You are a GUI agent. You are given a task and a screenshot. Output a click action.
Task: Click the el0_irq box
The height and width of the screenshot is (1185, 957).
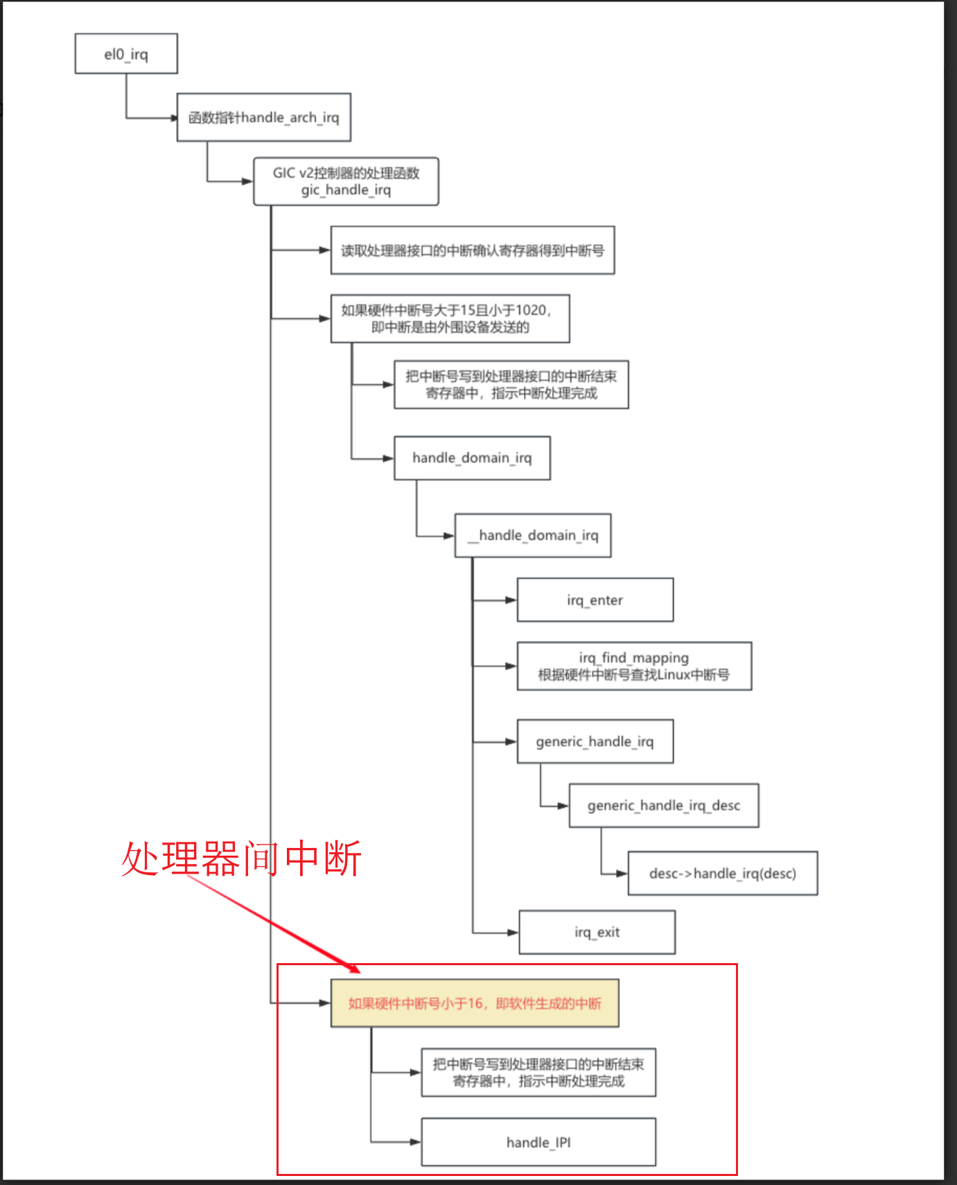pyautogui.click(x=126, y=54)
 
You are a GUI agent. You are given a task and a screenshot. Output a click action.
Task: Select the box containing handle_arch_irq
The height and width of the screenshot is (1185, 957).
pyautogui.click(x=263, y=117)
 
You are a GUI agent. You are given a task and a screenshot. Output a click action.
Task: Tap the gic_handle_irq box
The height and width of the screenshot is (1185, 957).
pyautogui.click(x=346, y=181)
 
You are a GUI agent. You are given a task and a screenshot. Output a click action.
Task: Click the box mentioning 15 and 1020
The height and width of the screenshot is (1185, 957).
pyautogui.click(x=450, y=318)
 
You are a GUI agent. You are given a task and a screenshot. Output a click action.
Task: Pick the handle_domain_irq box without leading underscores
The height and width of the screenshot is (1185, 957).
pyautogui.click(x=472, y=458)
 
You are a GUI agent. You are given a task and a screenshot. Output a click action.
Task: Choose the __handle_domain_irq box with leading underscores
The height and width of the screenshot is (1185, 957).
pyautogui.click(x=532, y=535)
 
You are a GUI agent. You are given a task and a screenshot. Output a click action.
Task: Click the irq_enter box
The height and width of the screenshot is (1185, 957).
pyautogui.click(x=595, y=600)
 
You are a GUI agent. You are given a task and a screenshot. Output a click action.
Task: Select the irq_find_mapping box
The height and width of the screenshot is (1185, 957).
pyautogui.click(x=633, y=666)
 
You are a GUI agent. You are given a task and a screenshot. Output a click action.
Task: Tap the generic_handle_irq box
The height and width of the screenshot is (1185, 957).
pyautogui.click(x=595, y=741)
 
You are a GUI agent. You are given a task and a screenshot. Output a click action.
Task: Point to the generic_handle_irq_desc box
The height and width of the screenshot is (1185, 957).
pyautogui.click(x=663, y=805)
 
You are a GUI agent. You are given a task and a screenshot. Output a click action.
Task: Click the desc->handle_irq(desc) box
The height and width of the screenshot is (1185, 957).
pyautogui.click(x=722, y=873)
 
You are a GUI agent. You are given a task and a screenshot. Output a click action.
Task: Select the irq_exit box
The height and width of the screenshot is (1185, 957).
pyautogui.click(x=597, y=932)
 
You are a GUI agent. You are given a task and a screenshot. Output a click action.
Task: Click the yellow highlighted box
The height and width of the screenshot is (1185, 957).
pyautogui.click(x=474, y=1003)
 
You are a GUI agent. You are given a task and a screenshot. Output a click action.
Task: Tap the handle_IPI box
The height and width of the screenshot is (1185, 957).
pyautogui.click(x=538, y=1142)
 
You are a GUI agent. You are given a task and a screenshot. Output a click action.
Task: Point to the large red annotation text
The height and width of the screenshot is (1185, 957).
pyautogui.click(x=241, y=858)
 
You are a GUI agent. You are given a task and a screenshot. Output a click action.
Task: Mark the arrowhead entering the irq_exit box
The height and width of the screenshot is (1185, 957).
pyautogui.click(x=513, y=933)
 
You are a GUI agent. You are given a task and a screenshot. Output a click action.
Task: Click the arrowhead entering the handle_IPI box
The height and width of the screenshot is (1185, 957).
pyautogui.click(x=416, y=1142)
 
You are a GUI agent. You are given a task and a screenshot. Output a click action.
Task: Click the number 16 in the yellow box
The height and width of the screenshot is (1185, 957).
pyautogui.click(x=475, y=1003)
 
